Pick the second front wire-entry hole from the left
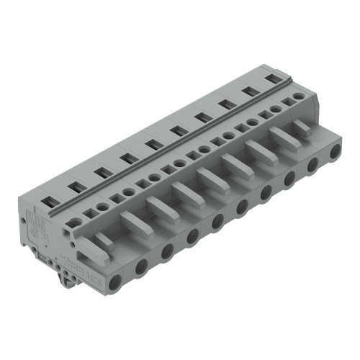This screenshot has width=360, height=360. click(142, 266)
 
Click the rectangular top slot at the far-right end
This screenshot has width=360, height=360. click(272, 78)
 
